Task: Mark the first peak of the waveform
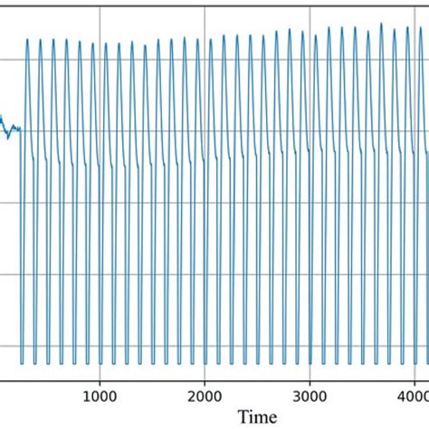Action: pos(28,39)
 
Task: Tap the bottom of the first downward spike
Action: pos(22,363)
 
